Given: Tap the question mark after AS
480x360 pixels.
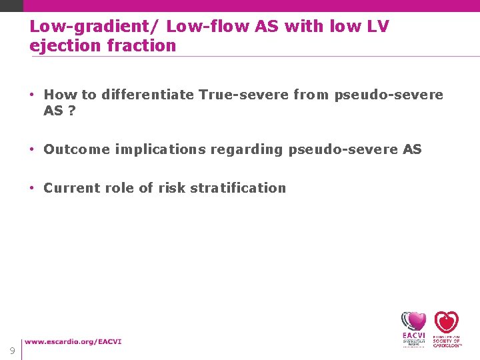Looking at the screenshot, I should pyautogui.click(x=72, y=111).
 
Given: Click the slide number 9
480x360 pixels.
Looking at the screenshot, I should pyautogui.click(x=12, y=351).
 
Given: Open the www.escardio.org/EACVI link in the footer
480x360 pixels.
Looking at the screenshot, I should pyautogui.click(x=73, y=342).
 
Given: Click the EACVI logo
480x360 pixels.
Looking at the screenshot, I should pyautogui.click(x=413, y=328).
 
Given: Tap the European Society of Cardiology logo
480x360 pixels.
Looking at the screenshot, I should pyautogui.click(x=447, y=328).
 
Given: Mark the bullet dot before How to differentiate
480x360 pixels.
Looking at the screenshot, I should pyautogui.click(x=33, y=95).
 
